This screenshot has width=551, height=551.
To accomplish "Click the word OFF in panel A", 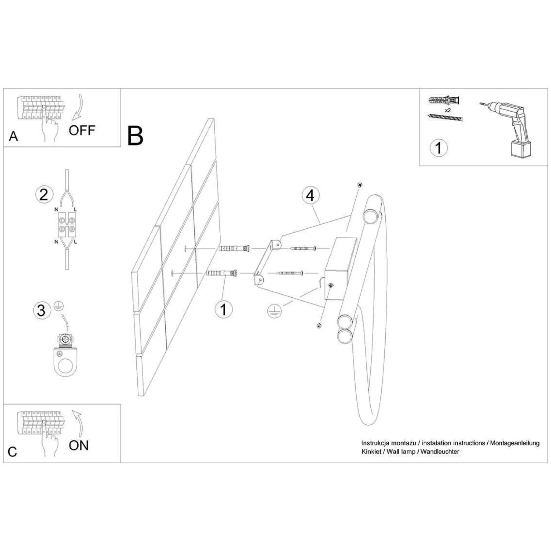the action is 82,130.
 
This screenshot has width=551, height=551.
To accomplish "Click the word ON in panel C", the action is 79,445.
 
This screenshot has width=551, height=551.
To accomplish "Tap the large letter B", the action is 135,136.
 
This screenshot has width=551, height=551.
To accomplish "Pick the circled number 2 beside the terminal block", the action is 44,195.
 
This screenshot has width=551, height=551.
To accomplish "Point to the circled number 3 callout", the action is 42,310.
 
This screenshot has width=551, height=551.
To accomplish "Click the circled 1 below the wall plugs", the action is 224,309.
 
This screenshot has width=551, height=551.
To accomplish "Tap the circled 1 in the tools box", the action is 438,148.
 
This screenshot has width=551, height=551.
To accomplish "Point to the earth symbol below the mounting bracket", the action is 273,312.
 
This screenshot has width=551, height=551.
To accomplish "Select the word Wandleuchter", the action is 440,452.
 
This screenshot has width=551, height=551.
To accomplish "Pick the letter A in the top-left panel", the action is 14,136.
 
